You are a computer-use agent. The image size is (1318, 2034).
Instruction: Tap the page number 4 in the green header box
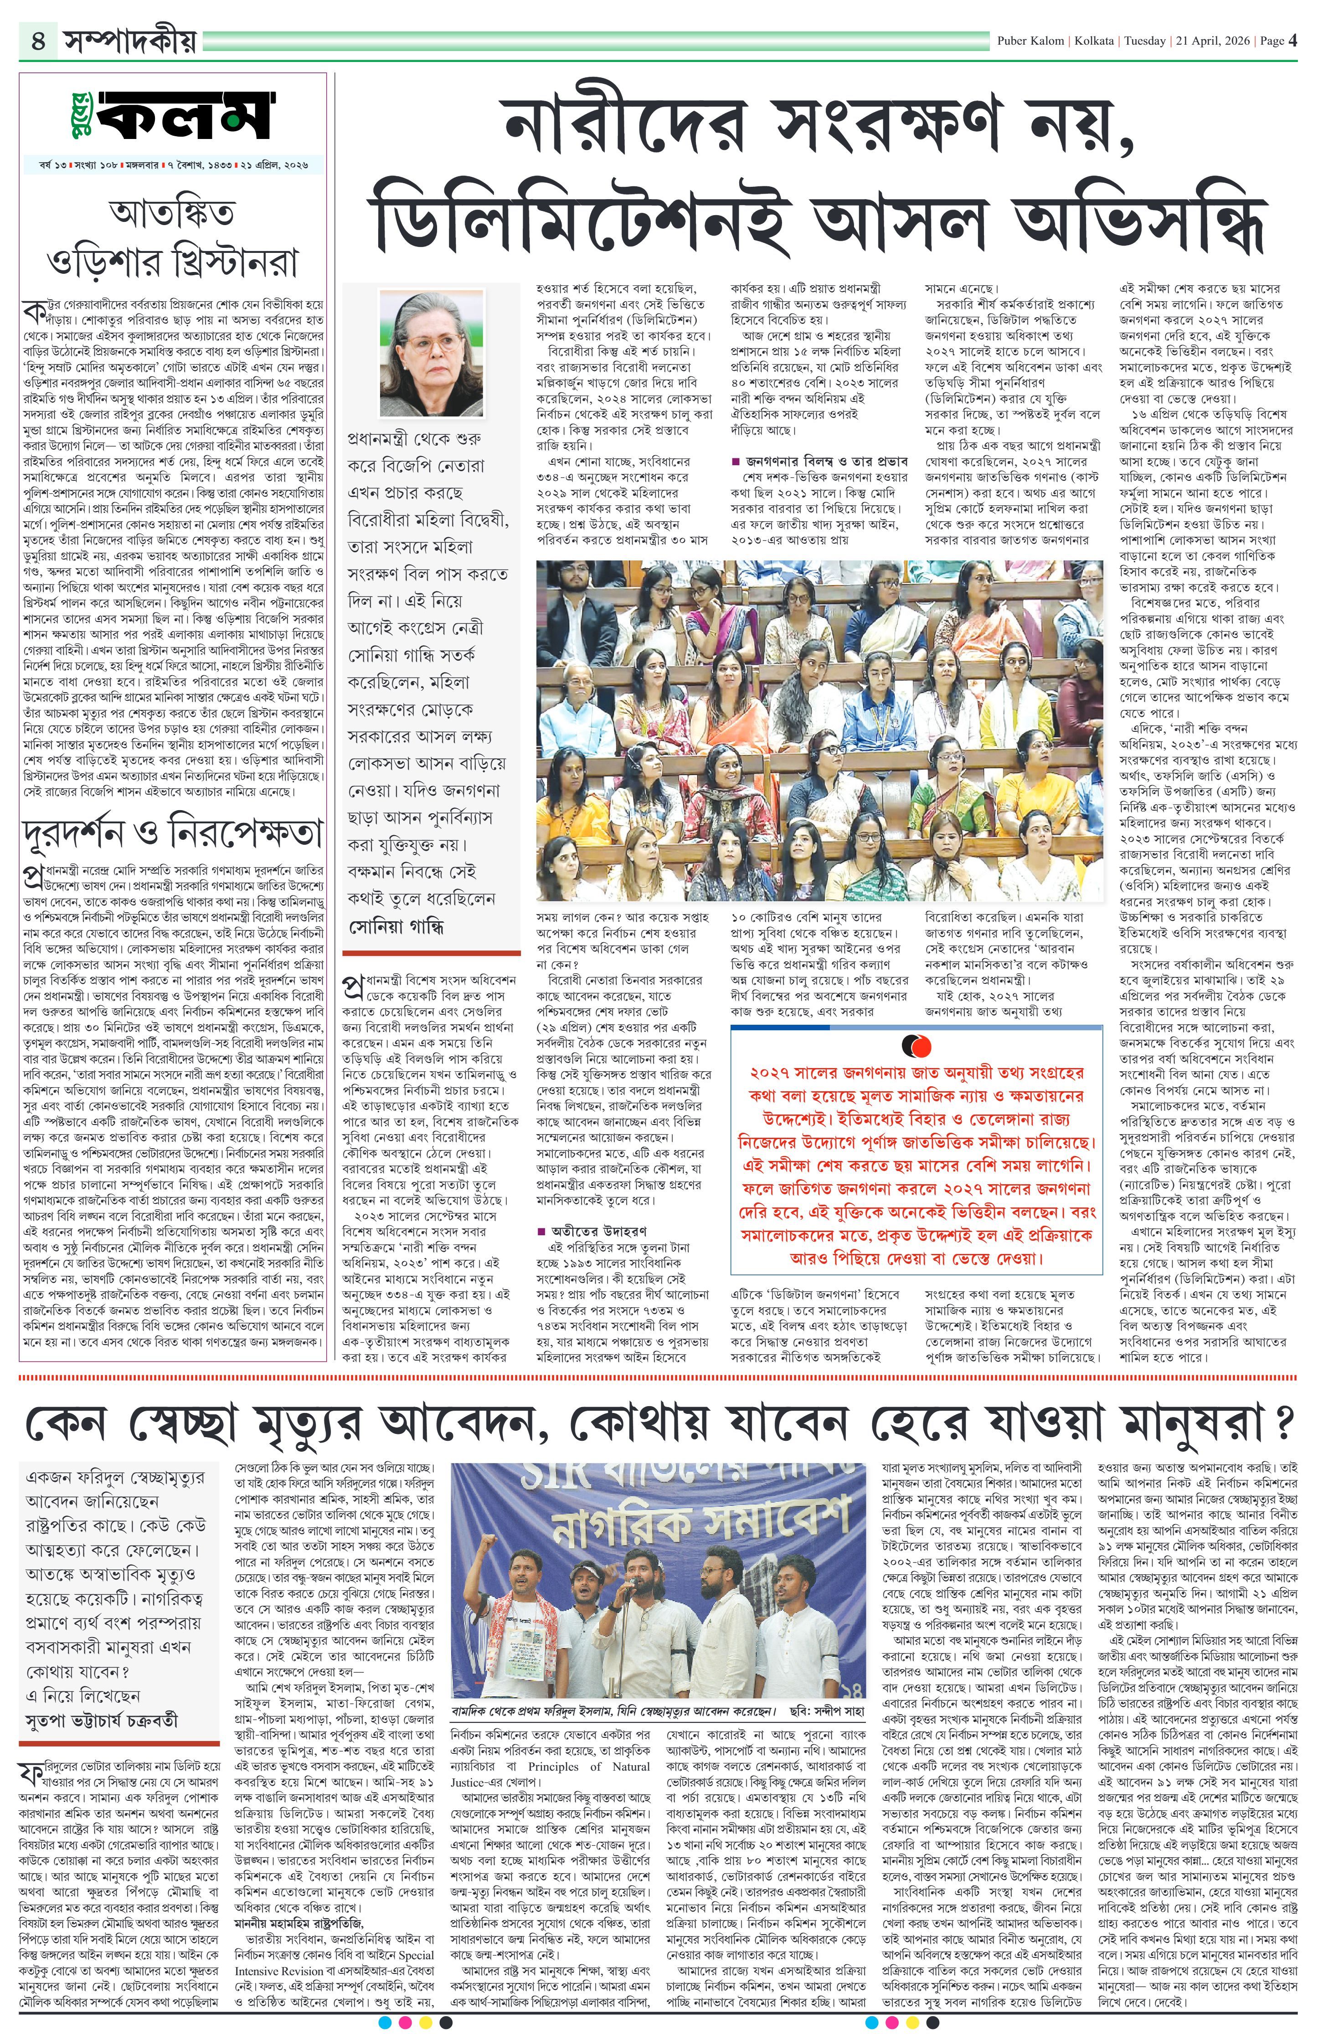click(38, 40)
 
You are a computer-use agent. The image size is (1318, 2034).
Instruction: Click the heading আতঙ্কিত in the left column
click(173, 211)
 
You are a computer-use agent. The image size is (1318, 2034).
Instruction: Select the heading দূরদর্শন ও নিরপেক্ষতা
click(173, 833)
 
